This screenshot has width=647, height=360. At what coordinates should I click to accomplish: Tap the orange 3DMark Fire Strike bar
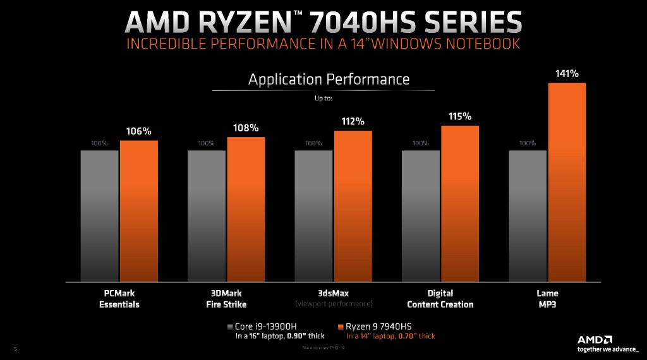pyautogui.click(x=246, y=209)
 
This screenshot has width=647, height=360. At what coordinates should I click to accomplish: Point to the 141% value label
pyautogui.click(x=566, y=74)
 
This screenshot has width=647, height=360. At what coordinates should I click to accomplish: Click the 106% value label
pyautogui.click(x=139, y=131)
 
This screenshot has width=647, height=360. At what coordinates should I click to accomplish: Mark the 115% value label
pyautogui.click(x=460, y=116)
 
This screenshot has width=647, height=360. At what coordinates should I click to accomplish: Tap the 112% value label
pyautogui.click(x=353, y=121)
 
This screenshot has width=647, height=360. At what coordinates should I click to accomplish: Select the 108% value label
pyautogui.click(x=246, y=128)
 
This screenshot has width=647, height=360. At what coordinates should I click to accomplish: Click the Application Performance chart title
pyautogui.click(x=329, y=80)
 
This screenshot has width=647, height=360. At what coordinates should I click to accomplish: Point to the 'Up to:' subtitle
pyautogui.click(x=323, y=99)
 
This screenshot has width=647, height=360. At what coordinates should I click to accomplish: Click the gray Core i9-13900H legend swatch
pyautogui.click(x=230, y=327)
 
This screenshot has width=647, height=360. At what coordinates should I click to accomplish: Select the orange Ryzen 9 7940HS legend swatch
pyautogui.click(x=341, y=327)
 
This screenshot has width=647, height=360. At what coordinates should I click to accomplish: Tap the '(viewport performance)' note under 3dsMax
pyautogui.click(x=334, y=304)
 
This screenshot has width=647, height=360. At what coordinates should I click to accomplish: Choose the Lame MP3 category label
pyautogui.click(x=547, y=299)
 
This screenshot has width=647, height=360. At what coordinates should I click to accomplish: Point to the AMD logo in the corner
pyautogui.click(x=595, y=339)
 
